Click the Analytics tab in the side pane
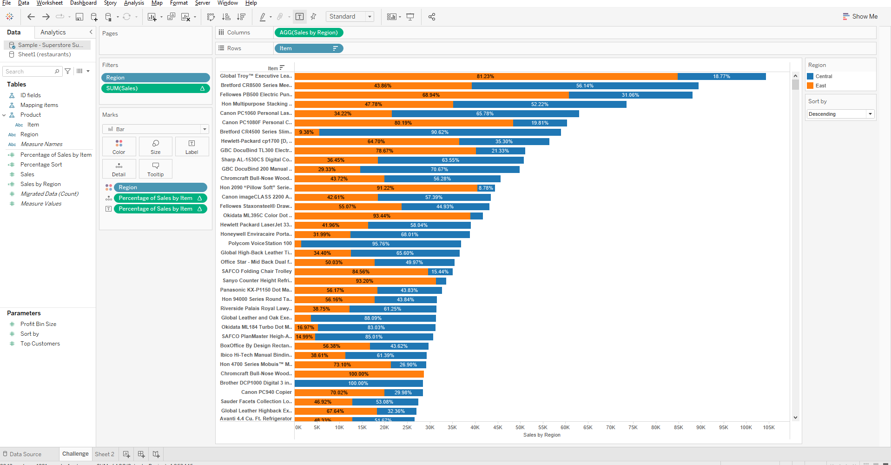(53, 32)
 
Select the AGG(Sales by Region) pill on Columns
(309, 33)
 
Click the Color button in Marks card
(119, 146)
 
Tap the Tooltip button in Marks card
(155, 169)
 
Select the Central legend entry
(823, 76)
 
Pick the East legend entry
(820, 86)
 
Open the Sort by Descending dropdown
(840, 114)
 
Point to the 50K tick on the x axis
(520, 427)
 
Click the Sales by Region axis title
(541, 435)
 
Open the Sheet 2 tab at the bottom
(105, 454)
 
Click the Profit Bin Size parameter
(38, 324)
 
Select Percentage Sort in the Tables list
(41, 165)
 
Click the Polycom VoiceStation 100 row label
(260, 243)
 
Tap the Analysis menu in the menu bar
(134, 3)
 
